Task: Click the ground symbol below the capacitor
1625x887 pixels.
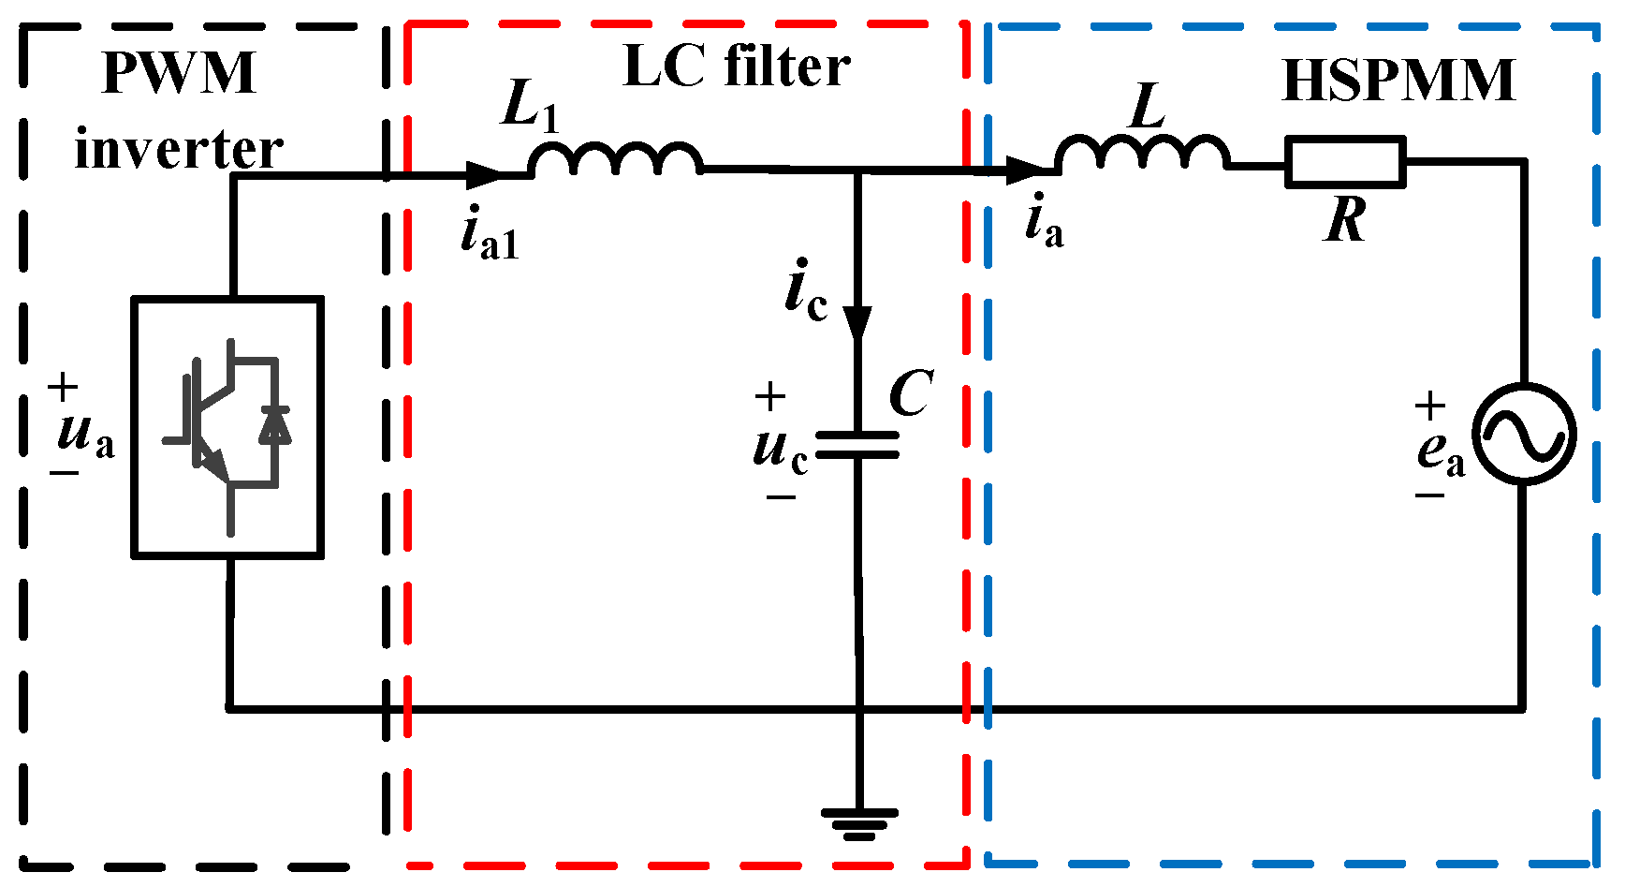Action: point(859,823)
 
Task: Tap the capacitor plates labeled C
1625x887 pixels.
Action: point(857,446)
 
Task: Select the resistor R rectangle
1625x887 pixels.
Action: point(1344,162)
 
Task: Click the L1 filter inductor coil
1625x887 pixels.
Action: point(615,160)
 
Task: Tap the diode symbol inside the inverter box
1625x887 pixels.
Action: point(275,423)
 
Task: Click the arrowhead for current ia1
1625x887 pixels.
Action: point(486,174)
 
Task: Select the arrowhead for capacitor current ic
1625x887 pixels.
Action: point(857,323)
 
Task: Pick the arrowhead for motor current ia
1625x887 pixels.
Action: point(1026,170)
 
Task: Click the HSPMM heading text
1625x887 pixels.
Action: point(1398,81)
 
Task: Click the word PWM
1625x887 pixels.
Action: point(178,73)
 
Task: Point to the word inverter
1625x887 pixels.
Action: point(178,150)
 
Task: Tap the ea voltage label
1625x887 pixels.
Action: point(1440,452)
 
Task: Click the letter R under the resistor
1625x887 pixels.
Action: point(1345,222)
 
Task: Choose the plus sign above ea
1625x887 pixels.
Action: point(1429,406)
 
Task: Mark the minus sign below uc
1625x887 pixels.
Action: point(780,497)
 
